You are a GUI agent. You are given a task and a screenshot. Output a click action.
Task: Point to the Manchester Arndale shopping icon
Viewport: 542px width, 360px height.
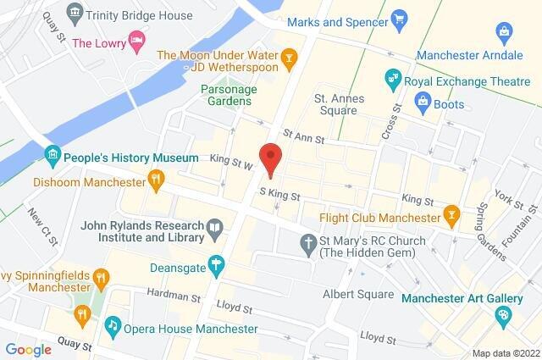point(506,35)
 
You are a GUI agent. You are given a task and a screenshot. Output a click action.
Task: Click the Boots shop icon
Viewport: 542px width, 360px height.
point(423,102)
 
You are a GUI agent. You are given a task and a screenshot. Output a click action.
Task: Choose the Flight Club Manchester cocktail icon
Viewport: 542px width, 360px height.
point(451,216)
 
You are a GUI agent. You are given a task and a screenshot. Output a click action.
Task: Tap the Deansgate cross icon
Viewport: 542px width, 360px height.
point(217,266)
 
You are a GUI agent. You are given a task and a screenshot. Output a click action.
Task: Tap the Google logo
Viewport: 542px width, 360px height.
point(28,348)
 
